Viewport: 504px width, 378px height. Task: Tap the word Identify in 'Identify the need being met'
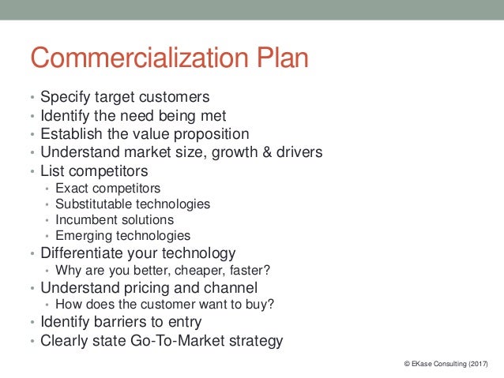coord(66,116)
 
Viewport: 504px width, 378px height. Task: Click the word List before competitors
coord(53,170)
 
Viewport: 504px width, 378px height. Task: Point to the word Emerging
coord(81,235)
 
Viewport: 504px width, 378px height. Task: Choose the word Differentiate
coord(85,253)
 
